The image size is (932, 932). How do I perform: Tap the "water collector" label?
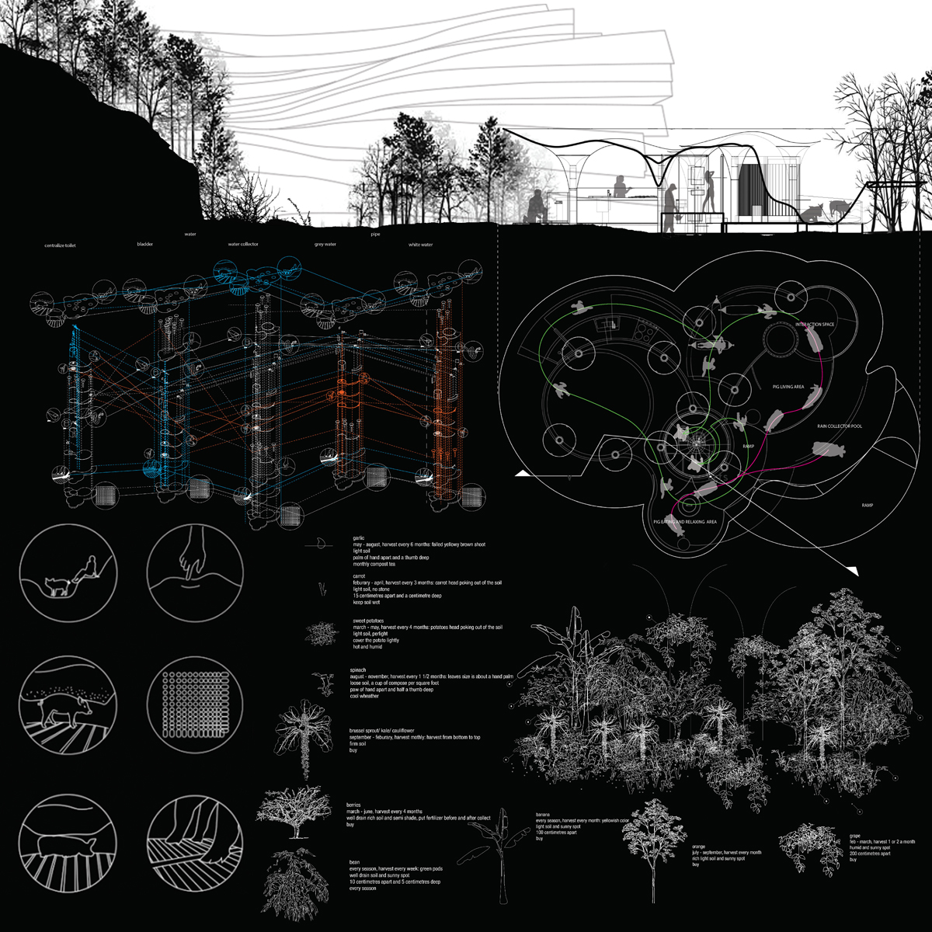[x=243, y=244]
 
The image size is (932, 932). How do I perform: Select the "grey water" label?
[x=325, y=245]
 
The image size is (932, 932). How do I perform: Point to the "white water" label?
[x=420, y=245]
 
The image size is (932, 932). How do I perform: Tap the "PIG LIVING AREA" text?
[x=788, y=386]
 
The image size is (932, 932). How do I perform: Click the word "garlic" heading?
[x=358, y=537]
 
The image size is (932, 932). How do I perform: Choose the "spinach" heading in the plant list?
[x=358, y=669]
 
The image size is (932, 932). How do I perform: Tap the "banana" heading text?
[x=543, y=814]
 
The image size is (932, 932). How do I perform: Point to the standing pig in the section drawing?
[x=836, y=207]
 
